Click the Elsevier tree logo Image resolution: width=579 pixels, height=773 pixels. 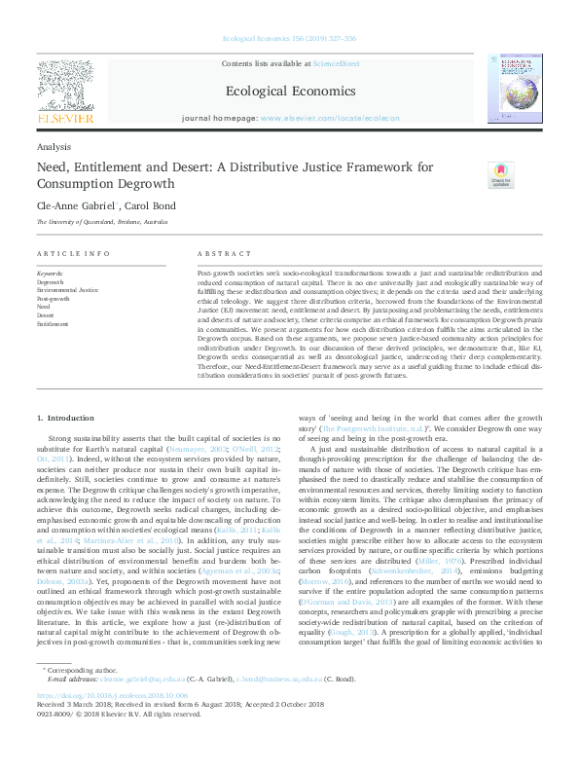[65, 90]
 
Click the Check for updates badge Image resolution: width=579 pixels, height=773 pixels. [499, 175]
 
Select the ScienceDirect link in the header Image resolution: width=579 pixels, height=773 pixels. [336, 63]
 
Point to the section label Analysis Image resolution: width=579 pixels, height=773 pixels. [53, 146]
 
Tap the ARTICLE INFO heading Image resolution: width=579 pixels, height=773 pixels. [73, 253]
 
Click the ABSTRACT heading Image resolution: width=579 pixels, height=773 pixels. [217, 253]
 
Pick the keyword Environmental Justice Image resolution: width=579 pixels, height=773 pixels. [67, 290]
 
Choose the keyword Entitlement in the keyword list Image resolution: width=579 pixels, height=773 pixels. [53, 324]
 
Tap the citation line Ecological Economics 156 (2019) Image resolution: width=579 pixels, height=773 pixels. [289, 37]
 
